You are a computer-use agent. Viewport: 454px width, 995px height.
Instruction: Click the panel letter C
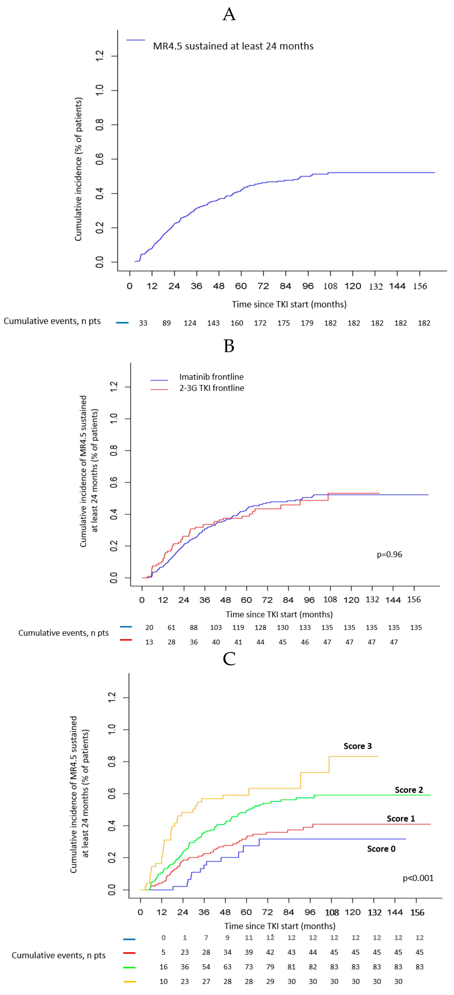coord(229,659)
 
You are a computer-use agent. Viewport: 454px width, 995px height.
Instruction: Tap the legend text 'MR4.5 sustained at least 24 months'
coord(233,46)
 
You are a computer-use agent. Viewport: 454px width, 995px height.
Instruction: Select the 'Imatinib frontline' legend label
coord(211,377)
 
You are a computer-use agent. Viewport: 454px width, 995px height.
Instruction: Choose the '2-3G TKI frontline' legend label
coord(211,388)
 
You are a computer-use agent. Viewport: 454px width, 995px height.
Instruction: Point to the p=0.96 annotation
coord(389,554)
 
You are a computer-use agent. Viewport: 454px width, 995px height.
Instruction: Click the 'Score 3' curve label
coord(357,746)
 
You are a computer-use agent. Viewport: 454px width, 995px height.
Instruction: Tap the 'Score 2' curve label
coord(408,790)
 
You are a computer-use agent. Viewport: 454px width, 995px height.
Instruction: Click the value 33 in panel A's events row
coord(143,323)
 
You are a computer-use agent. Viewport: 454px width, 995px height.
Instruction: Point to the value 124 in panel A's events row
coord(190,323)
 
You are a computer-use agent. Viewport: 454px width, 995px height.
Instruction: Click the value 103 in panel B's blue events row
coord(216,627)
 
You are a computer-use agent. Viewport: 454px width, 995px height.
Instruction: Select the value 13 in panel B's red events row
coord(149,642)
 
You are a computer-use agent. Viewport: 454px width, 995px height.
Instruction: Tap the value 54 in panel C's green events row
coord(206,967)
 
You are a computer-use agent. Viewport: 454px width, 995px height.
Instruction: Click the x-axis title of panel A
coord(289,304)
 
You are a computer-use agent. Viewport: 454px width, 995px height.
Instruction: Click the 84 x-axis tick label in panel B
coord(288,600)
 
